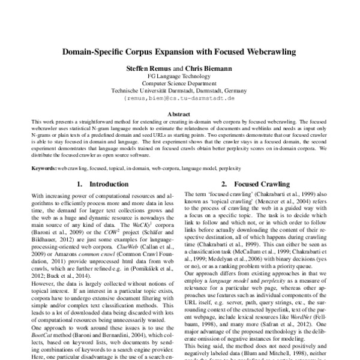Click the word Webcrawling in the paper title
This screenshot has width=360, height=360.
(268, 52)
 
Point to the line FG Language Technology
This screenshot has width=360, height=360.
(179, 77)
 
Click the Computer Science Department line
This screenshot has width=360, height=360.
(179, 84)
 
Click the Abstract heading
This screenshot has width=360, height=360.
(179, 113)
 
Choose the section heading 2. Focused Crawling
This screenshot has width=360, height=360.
(256, 184)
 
